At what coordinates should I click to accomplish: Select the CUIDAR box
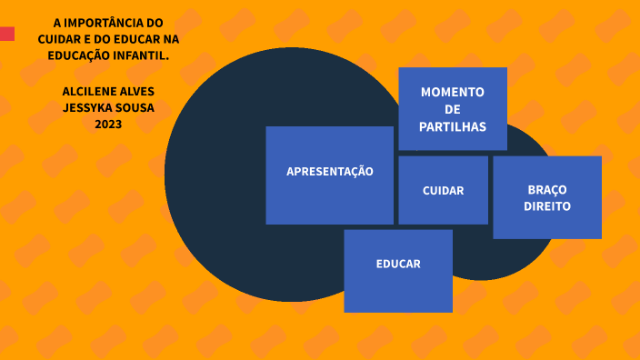coord(443,190)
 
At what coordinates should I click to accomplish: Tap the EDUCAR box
coord(398,270)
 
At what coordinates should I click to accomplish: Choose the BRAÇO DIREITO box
coord(546,197)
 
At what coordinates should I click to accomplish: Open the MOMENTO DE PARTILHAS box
coord(452,108)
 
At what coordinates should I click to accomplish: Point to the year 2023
coord(108,125)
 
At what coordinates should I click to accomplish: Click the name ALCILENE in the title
coord(90,92)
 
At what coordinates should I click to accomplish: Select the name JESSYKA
coord(85,108)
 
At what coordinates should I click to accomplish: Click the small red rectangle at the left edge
coord(6,35)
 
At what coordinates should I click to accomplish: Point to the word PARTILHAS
coord(453,126)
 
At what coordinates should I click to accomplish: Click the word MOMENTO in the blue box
coord(453,92)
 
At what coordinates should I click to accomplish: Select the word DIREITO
coord(547,206)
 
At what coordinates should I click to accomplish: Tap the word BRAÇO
coord(547,189)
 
